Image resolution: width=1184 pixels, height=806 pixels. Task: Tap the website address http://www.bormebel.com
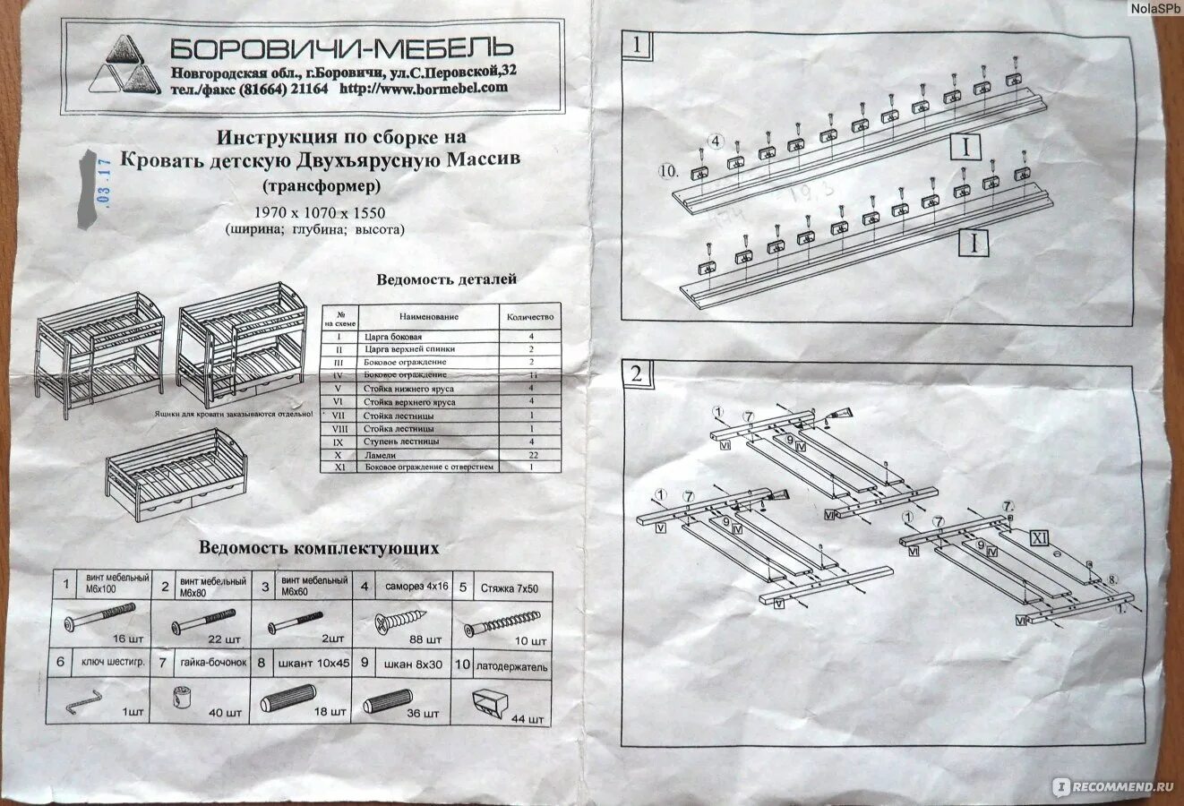pyautogui.click(x=424, y=89)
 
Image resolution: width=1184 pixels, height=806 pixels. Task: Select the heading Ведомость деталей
pyautogui.click(x=446, y=279)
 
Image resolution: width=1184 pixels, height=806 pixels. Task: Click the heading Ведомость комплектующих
pyautogui.click(x=319, y=547)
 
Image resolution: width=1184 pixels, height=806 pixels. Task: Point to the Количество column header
pyautogui.click(x=531, y=316)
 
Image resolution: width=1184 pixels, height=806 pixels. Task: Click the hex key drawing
pyautogui.click(x=83, y=704)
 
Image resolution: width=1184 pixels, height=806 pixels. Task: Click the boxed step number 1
pyautogui.click(x=637, y=46)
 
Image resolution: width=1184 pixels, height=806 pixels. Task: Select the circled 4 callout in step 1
pyautogui.click(x=715, y=141)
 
